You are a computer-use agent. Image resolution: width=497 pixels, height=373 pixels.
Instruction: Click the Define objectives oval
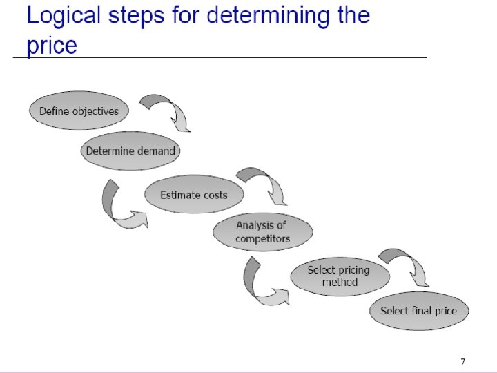[79, 111]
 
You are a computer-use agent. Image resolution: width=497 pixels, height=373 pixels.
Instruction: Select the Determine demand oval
[130, 151]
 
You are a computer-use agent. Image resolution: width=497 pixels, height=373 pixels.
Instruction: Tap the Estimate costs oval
[193, 195]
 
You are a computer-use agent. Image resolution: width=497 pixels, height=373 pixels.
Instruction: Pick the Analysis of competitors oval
[262, 232]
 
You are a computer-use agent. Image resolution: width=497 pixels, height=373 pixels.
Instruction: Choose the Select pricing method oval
[338, 276]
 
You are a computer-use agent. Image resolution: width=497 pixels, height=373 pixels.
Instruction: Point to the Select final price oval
[418, 310]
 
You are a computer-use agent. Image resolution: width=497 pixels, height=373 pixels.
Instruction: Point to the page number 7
[462, 361]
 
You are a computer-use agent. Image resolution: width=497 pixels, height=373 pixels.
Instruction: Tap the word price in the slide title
[52, 46]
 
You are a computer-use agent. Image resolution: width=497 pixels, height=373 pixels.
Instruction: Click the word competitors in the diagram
[262, 239]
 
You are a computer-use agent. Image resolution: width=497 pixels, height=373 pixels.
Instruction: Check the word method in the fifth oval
[340, 283]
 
